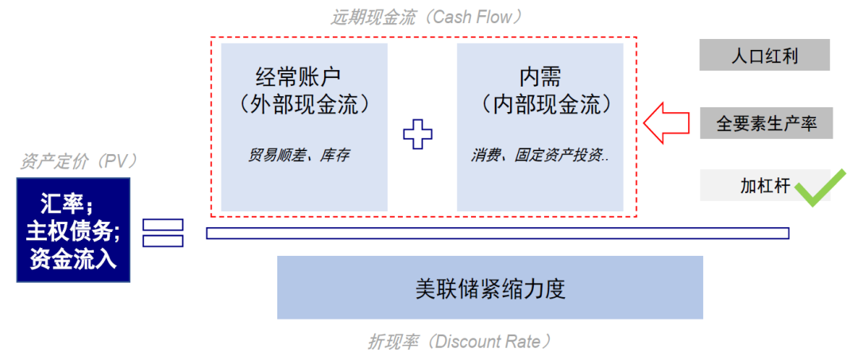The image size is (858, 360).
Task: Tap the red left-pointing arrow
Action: click(666, 123)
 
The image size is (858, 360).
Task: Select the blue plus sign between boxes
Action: click(418, 134)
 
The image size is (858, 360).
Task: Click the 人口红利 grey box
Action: click(764, 56)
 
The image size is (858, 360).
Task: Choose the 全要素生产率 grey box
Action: click(766, 123)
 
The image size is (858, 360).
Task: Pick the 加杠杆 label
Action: click(764, 187)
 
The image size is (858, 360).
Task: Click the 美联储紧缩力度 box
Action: click(489, 287)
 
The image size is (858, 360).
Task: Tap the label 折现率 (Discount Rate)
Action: click(459, 343)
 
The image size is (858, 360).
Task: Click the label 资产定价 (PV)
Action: click(79, 161)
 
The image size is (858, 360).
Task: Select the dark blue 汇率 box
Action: click(73, 230)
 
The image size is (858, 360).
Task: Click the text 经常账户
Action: click(298, 77)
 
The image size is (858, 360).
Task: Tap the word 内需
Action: click(540, 77)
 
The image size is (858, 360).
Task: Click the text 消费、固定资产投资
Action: click(539, 156)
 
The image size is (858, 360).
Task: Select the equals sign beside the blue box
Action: click(163, 232)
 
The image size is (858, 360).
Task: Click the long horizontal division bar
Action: click(497, 233)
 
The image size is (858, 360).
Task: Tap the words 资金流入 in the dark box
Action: click(73, 260)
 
